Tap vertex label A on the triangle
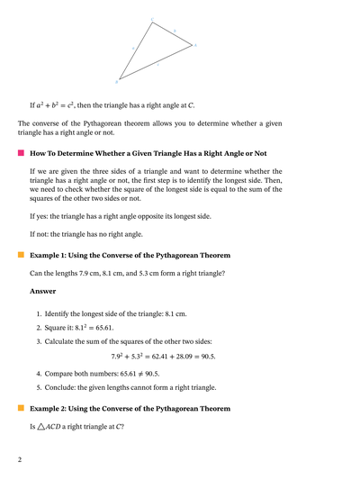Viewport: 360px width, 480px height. point(195,43)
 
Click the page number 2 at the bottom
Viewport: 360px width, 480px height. point(19,459)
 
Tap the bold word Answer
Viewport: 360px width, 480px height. point(43,291)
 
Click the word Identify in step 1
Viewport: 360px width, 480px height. point(60,313)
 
